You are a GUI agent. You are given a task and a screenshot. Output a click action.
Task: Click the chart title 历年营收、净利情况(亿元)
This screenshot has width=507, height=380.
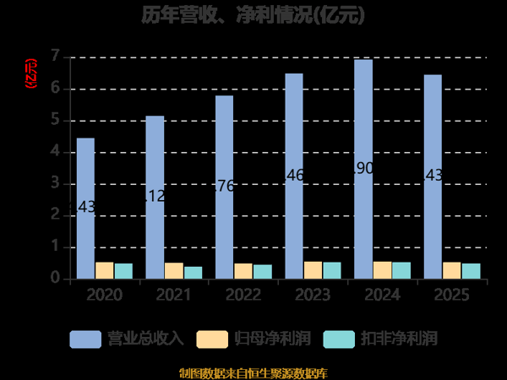(253, 14)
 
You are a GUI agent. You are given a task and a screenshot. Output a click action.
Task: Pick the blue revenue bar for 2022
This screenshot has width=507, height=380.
(224, 187)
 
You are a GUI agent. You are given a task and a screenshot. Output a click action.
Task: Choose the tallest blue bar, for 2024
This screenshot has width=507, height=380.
(363, 169)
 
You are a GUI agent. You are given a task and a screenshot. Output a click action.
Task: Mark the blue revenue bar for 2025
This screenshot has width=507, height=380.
(432, 176)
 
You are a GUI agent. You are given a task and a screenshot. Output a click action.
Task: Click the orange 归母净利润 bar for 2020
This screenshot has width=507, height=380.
(105, 270)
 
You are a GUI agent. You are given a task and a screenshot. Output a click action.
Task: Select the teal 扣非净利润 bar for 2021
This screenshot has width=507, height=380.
(193, 272)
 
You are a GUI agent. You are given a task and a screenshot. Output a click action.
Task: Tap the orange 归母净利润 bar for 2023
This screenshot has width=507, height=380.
(313, 269)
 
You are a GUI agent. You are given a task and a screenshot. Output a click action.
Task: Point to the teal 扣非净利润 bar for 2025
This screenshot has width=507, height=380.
(471, 270)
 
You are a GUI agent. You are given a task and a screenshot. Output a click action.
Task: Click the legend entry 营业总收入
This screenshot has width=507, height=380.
(127, 339)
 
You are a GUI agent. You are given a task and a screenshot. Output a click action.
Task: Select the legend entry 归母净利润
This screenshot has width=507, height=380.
(253, 339)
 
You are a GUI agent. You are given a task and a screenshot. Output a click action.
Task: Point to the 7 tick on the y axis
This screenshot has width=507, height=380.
(56, 57)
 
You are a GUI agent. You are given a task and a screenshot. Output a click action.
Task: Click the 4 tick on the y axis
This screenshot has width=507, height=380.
(56, 152)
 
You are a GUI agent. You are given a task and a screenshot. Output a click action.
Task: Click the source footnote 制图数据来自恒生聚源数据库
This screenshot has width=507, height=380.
(253, 372)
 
